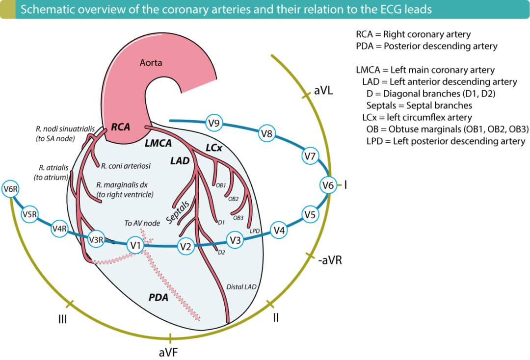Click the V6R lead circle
(10, 189)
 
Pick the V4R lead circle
(60, 229)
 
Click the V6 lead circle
(328, 185)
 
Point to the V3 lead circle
(236, 240)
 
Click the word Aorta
(151, 63)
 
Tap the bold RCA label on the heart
(121, 127)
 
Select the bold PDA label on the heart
(159, 297)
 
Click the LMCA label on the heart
(158, 144)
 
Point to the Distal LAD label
(241, 286)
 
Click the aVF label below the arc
(169, 352)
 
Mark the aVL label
(323, 91)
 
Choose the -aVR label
(329, 260)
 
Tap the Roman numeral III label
(62, 320)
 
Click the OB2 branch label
(233, 199)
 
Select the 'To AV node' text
(142, 223)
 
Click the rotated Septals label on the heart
(178, 211)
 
